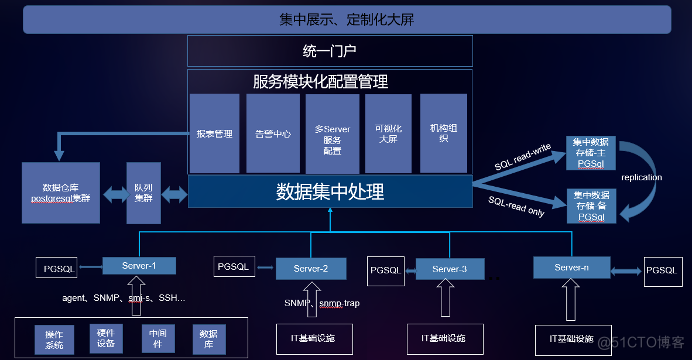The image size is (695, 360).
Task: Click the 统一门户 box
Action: tap(329, 51)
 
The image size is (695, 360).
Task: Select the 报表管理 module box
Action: tap(215, 133)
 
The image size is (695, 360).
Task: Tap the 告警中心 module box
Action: tap(272, 133)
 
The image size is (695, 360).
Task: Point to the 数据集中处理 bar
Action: tap(329, 191)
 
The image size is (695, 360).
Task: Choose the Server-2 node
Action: tap(312, 267)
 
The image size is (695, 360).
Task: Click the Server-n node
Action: tap(565, 266)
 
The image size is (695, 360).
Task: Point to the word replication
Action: tap(641, 176)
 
